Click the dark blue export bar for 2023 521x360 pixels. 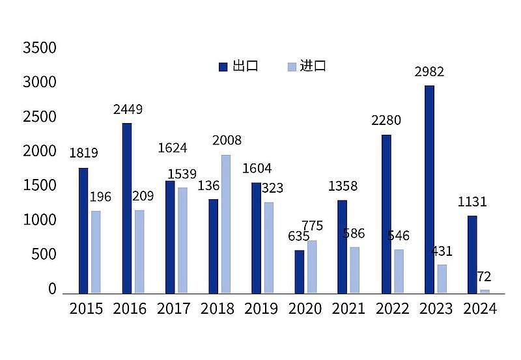tap(429, 189)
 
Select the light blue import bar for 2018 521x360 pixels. tap(225, 223)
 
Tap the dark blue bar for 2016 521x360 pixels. tap(127, 208)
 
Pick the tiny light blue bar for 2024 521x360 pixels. tap(485, 291)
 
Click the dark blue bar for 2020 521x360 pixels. tap(300, 271)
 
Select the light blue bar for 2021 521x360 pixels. tap(354, 270)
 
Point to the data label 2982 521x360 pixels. tap(429, 72)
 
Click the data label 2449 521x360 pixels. tap(128, 109)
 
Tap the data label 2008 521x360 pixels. tap(227, 141)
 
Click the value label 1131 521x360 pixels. tap(472, 202)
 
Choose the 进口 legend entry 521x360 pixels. tap(306, 66)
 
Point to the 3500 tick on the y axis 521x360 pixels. tap(40, 48)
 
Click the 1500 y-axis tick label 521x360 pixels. tap(40, 186)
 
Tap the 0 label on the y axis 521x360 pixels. tap(52, 289)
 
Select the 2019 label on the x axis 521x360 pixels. tap(261, 309)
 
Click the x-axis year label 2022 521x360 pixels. tap(392, 309)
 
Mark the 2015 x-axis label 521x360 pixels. tap(86, 309)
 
